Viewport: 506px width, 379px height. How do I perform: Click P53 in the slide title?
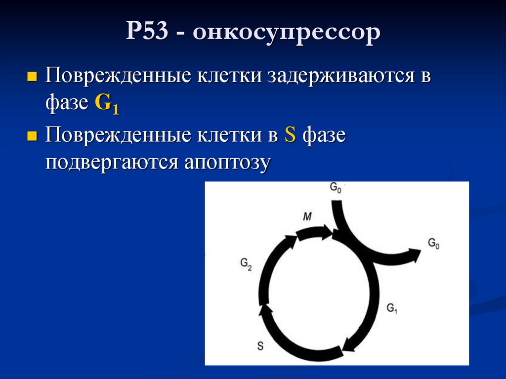coord(147,31)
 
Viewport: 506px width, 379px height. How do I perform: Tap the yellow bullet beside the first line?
coord(32,77)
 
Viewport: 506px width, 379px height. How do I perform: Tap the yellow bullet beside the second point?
coord(32,136)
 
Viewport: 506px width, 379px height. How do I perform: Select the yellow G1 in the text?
coord(107,104)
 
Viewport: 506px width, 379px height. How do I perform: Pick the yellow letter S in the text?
coord(290,135)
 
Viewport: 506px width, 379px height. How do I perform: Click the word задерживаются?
coord(341,77)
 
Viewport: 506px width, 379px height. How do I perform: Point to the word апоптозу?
coord(227,163)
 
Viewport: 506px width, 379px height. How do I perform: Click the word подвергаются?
coord(112,163)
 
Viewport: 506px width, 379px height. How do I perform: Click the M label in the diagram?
coord(307,216)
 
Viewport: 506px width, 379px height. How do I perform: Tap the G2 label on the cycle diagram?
coord(246,264)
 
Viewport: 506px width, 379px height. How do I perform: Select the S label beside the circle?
coord(260,346)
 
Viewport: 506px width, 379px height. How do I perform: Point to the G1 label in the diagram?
coord(392,308)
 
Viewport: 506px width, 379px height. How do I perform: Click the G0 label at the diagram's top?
coord(336,188)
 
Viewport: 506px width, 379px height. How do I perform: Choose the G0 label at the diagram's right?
coord(434,243)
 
